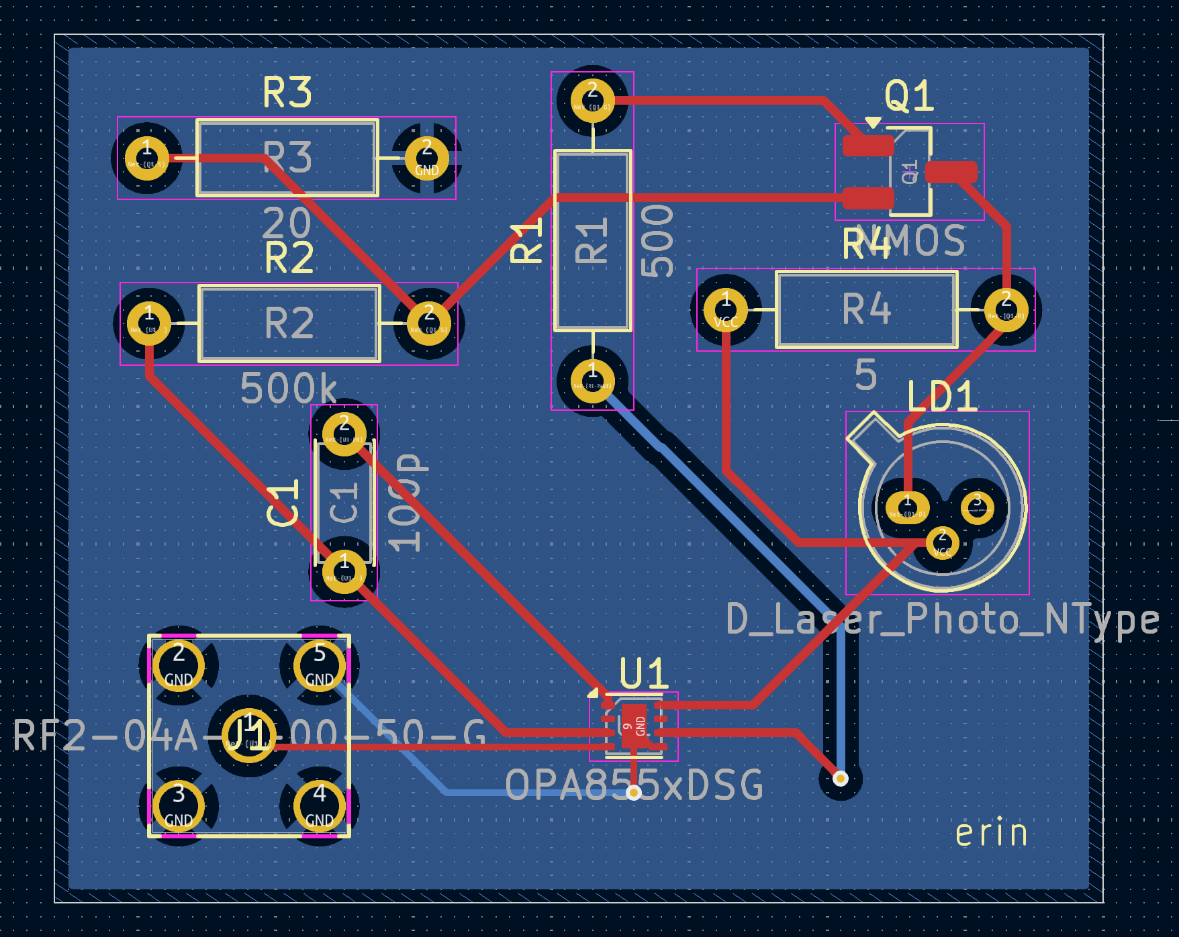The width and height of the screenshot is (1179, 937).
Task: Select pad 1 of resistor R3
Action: coord(147,158)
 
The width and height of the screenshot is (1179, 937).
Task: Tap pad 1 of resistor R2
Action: coord(149,324)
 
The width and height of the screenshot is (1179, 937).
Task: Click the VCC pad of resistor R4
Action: coord(726,310)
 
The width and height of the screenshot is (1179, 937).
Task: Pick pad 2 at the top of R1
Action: coord(592,101)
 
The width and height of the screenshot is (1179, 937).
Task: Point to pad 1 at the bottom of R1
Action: coord(592,381)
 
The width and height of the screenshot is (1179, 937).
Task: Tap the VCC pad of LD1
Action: coord(942,543)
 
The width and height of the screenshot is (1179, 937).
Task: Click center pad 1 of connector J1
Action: coord(248,736)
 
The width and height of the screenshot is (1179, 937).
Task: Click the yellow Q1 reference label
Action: coord(909,97)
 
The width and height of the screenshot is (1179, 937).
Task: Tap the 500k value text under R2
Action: coord(289,389)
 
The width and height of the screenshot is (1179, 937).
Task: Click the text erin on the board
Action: coord(991,833)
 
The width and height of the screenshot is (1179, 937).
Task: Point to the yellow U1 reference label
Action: coord(643,673)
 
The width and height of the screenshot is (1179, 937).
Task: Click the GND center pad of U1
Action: coord(633,726)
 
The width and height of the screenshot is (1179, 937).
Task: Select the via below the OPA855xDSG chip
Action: coord(633,793)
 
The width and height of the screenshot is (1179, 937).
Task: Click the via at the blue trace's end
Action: coord(840,779)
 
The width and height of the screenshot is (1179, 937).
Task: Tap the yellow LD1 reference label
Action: coord(941,397)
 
